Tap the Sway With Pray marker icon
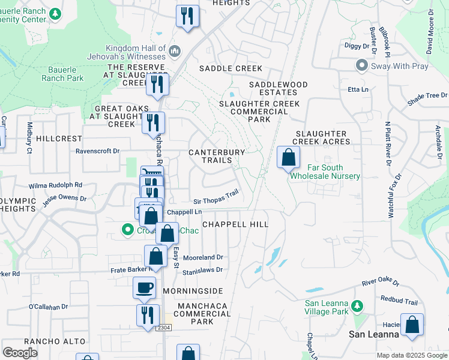(x=361, y=65)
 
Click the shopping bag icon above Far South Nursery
(x=289, y=158)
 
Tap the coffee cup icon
(x=145, y=288)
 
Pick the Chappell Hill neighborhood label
(x=235, y=224)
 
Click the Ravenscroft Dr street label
(x=98, y=151)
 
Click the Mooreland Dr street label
(x=203, y=257)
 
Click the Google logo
(x=20, y=352)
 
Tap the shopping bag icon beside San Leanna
(x=412, y=325)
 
